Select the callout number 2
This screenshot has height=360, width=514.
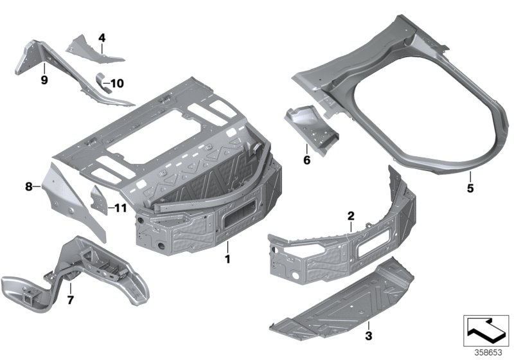point(351,215)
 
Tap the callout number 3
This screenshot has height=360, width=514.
point(368,336)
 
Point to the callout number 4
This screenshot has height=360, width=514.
point(102,38)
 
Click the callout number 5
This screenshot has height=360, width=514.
point(470,188)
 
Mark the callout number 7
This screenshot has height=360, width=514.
point(71,300)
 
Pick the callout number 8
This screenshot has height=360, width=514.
point(28,187)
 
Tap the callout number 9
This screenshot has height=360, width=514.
point(44,80)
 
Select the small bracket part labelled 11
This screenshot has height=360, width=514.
point(98,199)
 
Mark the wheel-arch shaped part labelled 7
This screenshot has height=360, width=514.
point(71,270)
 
